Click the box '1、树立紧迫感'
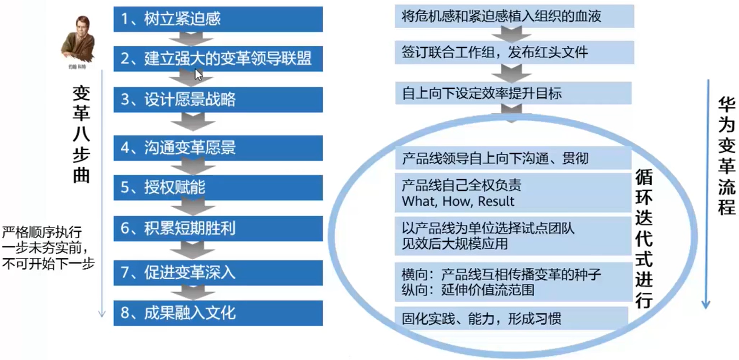click(218, 19)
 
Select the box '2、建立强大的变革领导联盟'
click(218, 60)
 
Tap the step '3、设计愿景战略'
click(218, 100)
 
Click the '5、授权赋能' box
click(218, 188)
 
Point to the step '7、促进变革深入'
click(218, 273)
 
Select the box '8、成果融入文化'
click(218, 313)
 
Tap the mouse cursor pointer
click(198, 74)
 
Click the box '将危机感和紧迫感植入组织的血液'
click(514, 17)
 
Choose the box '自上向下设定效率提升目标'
click(514, 93)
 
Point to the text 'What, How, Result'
click(458, 201)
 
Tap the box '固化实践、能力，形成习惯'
click(511, 318)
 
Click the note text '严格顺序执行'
click(42, 233)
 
